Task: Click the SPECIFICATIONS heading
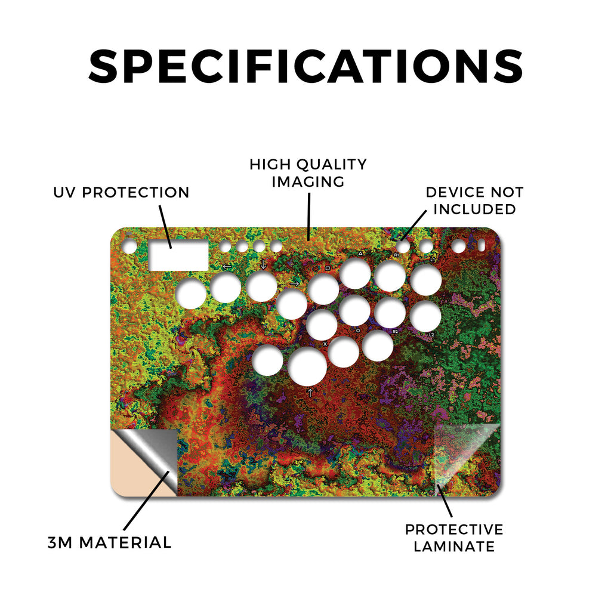[305, 66]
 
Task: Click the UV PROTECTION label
[121, 193]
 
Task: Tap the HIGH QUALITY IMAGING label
[308, 173]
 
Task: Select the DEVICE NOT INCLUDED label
[474, 200]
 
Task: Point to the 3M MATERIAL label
[110, 542]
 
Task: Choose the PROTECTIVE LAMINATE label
[454, 538]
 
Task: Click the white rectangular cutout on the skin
[179, 255]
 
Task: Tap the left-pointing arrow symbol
[227, 267]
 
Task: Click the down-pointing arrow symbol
[263, 264]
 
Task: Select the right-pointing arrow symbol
[295, 283]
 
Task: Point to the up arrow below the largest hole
[310, 393]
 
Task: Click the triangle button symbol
[360, 254]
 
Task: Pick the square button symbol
[328, 269]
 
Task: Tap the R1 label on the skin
[396, 255]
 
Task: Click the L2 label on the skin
[431, 335]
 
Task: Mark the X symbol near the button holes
[325, 344]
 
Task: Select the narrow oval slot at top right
[482, 246]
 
